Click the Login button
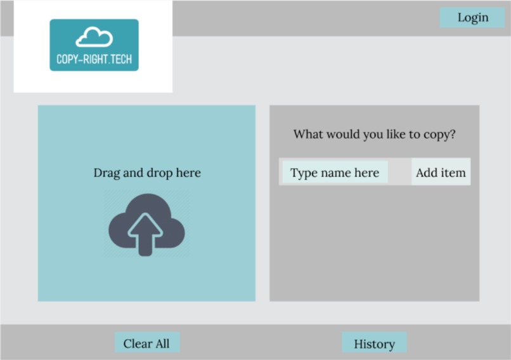click(472, 18)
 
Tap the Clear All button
click(146, 344)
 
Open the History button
click(374, 344)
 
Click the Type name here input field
click(335, 172)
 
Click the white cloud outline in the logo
click(94, 37)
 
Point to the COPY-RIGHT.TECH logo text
click(94, 58)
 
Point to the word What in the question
click(308, 134)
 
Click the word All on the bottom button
click(162, 344)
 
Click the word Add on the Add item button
click(427, 172)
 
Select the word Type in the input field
click(304, 173)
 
